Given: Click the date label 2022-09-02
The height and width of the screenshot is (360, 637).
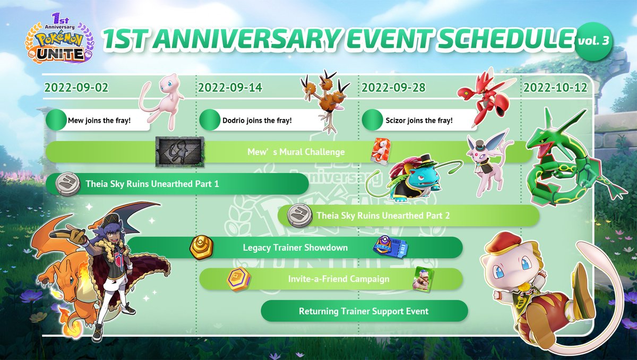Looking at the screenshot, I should pos(76,88).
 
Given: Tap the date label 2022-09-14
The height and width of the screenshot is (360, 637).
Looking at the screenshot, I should pos(230,88).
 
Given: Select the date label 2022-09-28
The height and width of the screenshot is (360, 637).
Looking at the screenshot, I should pos(393,88).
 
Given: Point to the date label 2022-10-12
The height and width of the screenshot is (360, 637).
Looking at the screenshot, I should pos(556,88).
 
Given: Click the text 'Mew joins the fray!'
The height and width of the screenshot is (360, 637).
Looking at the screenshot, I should pos(99,121).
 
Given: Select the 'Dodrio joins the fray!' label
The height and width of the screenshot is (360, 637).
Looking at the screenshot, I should pos(257,121).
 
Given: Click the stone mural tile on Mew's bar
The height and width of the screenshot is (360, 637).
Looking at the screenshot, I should pos(180,152).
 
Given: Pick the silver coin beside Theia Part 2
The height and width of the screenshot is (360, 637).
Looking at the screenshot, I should pos(298,216).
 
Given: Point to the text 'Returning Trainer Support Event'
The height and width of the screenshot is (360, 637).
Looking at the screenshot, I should pos(364,311).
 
